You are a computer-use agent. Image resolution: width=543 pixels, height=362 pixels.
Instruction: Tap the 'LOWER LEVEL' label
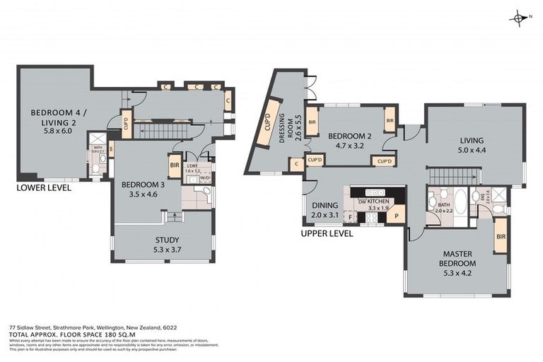[44, 188]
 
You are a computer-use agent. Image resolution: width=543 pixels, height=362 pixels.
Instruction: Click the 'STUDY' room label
[166, 239]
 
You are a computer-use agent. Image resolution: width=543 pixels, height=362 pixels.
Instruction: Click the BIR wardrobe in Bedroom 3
[175, 165]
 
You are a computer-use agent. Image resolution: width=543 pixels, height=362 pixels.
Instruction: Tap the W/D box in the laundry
[205, 177]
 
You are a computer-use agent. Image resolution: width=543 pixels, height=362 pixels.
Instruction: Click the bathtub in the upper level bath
[460, 206]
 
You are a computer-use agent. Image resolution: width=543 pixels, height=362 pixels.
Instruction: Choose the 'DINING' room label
[325, 206]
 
